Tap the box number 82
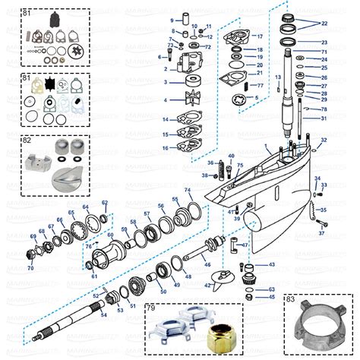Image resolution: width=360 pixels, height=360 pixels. click(27, 141)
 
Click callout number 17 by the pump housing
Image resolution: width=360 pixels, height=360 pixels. click(259, 36)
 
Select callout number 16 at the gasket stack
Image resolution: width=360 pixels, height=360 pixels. click(165, 147)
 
